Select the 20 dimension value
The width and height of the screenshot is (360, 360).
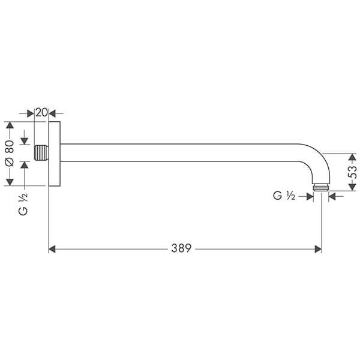pyautogui.click(x=41, y=112)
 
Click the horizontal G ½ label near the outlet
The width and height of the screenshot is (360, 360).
pyautogui.click(x=283, y=195)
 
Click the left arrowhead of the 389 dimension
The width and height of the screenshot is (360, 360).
pyautogui.click(x=52, y=248)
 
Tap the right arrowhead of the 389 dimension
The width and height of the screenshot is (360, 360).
pyautogui.click(x=318, y=248)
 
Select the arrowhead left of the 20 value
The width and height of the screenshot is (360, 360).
pyautogui.click(x=31, y=112)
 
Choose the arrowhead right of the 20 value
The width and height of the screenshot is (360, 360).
pyautogui.click(x=52, y=112)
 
